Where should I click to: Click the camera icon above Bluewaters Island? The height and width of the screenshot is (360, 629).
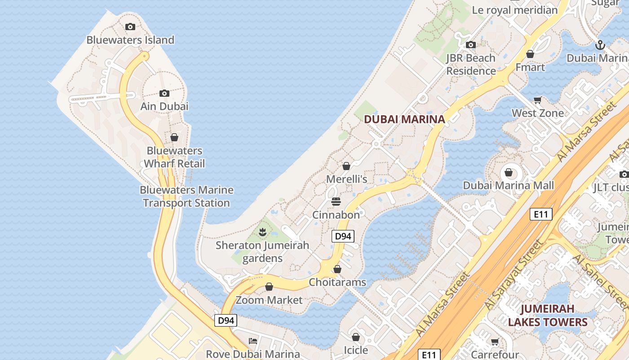[130, 27]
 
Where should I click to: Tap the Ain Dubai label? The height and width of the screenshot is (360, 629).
[164, 106]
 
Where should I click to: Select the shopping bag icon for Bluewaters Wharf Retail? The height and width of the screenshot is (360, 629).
[174, 137]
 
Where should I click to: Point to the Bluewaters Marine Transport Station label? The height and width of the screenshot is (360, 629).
[186, 197]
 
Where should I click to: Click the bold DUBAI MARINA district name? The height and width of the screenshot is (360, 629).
[404, 119]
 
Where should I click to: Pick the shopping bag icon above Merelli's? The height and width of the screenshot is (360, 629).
[346, 166]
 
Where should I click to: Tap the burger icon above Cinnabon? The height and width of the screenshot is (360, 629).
[336, 201]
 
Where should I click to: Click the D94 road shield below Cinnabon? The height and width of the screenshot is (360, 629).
[343, 236]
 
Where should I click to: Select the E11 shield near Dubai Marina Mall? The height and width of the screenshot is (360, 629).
[541, 214]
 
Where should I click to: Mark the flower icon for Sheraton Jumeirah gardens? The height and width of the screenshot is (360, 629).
[263, 232]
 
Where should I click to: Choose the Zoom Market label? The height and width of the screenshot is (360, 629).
[269, 300]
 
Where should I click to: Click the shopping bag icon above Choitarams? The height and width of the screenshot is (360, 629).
[337, 269]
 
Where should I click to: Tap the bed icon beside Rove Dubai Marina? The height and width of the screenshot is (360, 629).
[253, 341]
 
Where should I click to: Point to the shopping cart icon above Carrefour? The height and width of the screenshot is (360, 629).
[495, 342]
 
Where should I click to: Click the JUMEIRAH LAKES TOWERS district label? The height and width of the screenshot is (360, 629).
[547, 315]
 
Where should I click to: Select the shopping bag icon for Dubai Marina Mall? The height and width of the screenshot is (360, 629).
[509, 172]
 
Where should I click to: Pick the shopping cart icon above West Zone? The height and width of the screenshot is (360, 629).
[537, 99]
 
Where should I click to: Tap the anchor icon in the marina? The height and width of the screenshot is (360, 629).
[600, 45]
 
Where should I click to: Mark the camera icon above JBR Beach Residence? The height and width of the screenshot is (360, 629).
[471, 45]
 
